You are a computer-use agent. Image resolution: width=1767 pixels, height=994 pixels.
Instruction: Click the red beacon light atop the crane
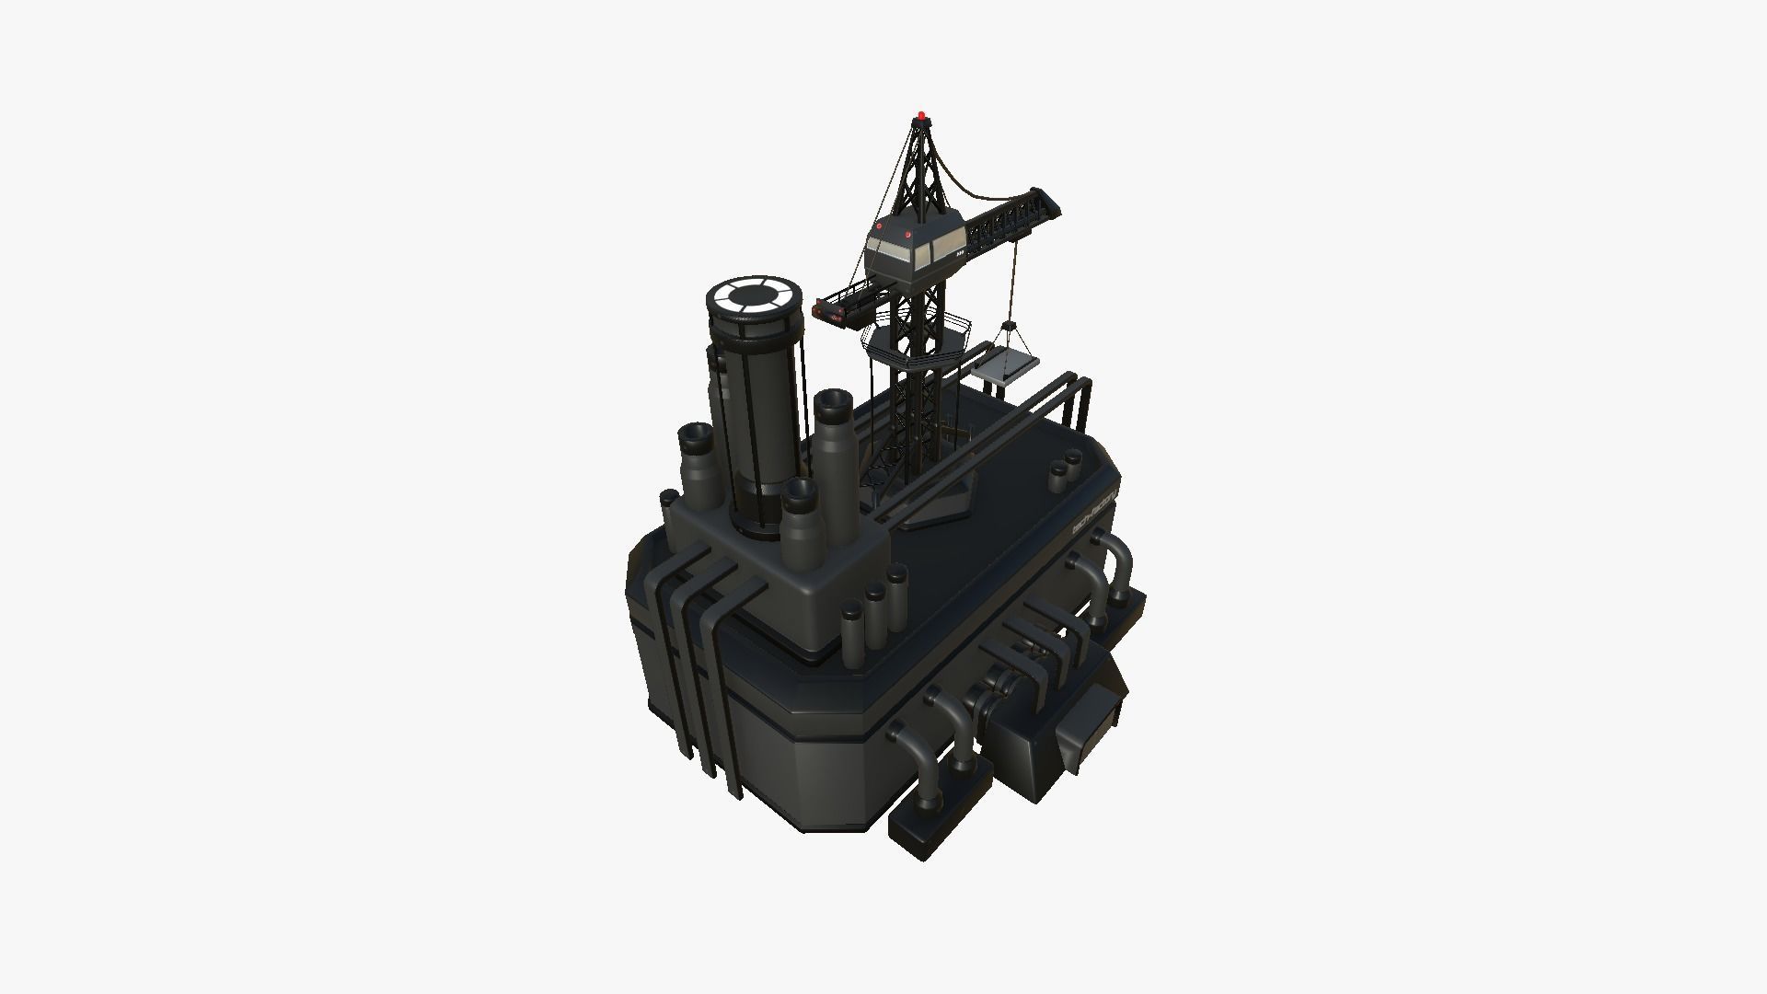click(920, 116)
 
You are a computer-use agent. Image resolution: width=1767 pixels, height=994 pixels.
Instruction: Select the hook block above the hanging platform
click(1009, 328)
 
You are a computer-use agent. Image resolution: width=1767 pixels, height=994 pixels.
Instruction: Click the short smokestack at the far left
click(696, 469)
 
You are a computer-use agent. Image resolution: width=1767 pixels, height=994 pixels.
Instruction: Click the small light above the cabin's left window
click(880, 225)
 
